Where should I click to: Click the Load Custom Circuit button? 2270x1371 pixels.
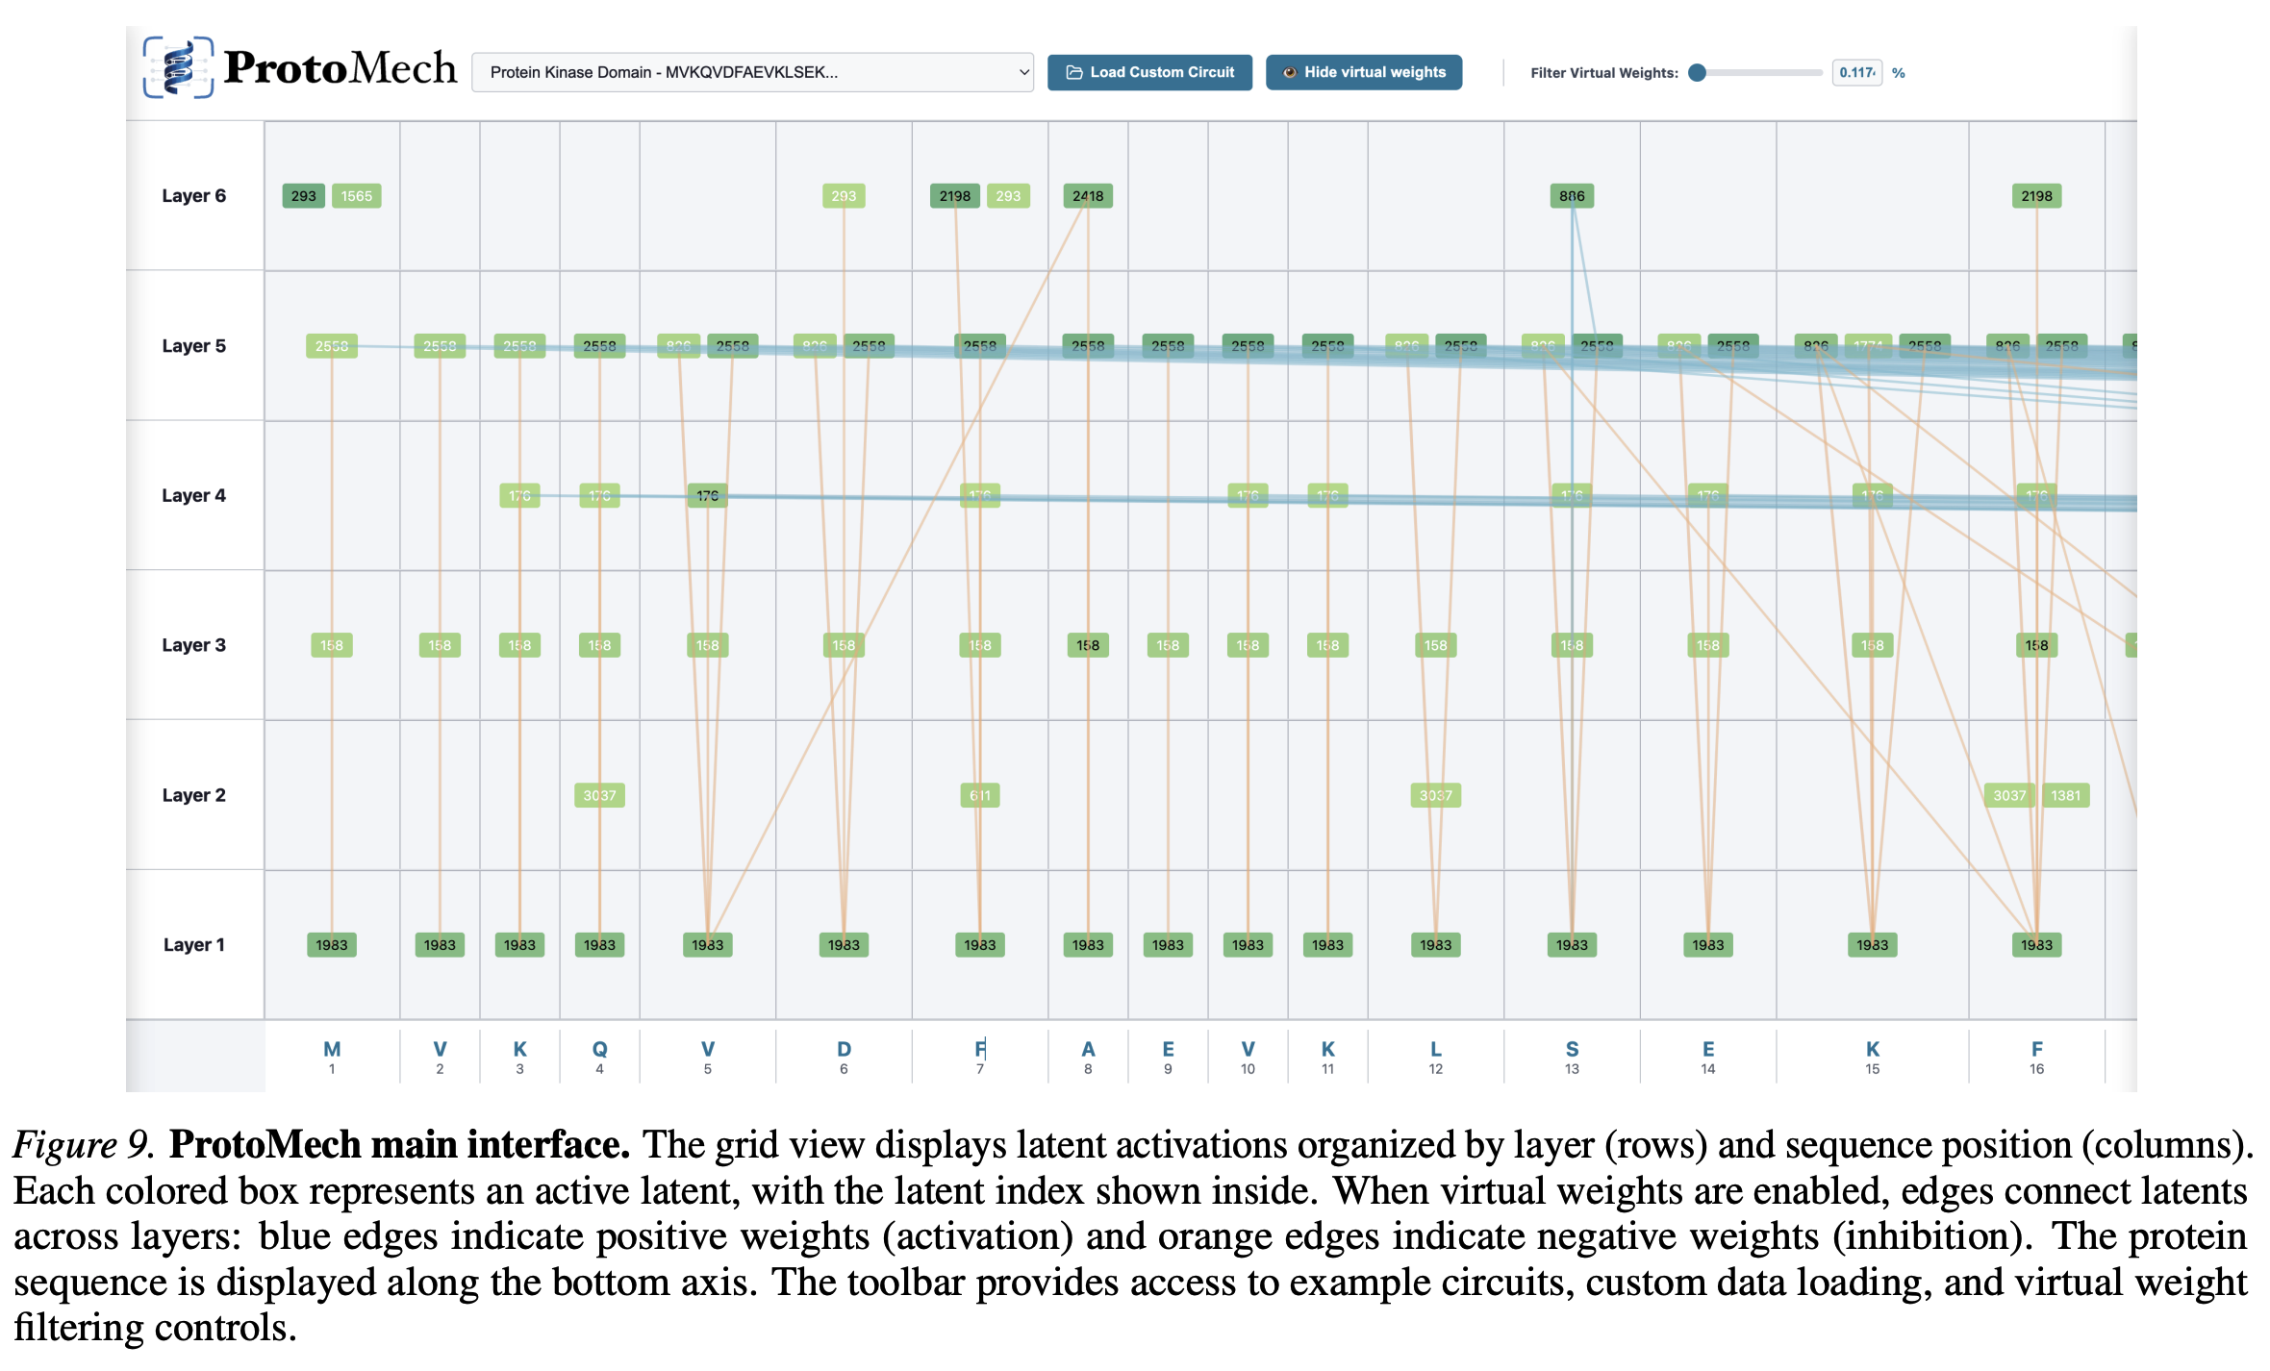[1149, 72]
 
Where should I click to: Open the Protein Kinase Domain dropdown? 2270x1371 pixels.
[752, 72]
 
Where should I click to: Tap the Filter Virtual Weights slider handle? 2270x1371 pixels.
[1698, 72]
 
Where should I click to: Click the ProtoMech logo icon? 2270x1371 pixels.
[178, 67]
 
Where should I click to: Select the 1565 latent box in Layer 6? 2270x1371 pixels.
[356, 196]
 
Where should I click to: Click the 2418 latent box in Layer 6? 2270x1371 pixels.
[1088, 196]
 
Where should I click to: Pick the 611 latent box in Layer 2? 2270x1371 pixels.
[979, 795]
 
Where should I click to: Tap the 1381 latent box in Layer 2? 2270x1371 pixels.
[2065, 795]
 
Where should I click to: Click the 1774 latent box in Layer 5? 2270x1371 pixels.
[1868, 346]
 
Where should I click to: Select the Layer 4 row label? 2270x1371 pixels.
[193, 495]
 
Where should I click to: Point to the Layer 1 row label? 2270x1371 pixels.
[193, 945]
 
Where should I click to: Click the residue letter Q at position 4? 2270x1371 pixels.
[599, 1050]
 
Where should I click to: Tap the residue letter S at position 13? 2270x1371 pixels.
[1572, 1050]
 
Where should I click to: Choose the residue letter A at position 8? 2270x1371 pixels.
[1088, 1050]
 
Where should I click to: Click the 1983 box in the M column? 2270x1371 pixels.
[332, 945]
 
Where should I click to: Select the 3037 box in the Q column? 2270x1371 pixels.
[599, 795]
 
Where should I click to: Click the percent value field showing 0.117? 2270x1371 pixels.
[1856, 72]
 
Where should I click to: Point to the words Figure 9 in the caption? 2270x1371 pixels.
[82, 1144]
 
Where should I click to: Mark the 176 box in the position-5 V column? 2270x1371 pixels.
[707, 495]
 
